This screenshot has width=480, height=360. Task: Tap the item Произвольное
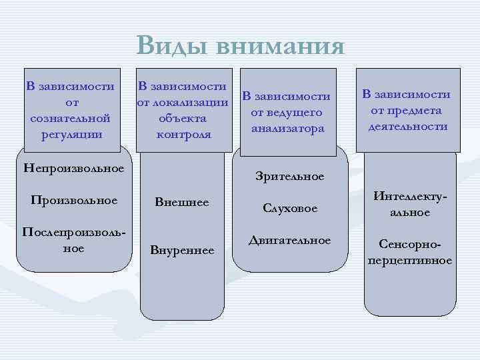[x=73, y=200]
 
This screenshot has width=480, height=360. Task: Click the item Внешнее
[x=181, y=202]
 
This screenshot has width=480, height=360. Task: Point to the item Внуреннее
[x=182, y=251]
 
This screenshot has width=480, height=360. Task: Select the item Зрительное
[x=290, y=176]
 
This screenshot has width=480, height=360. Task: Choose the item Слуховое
[x=290, y=209]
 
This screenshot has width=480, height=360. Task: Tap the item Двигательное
[x=289, y=240]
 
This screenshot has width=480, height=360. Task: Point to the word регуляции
[x=71, y=134]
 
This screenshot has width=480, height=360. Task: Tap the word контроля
[x=183, y=134]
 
